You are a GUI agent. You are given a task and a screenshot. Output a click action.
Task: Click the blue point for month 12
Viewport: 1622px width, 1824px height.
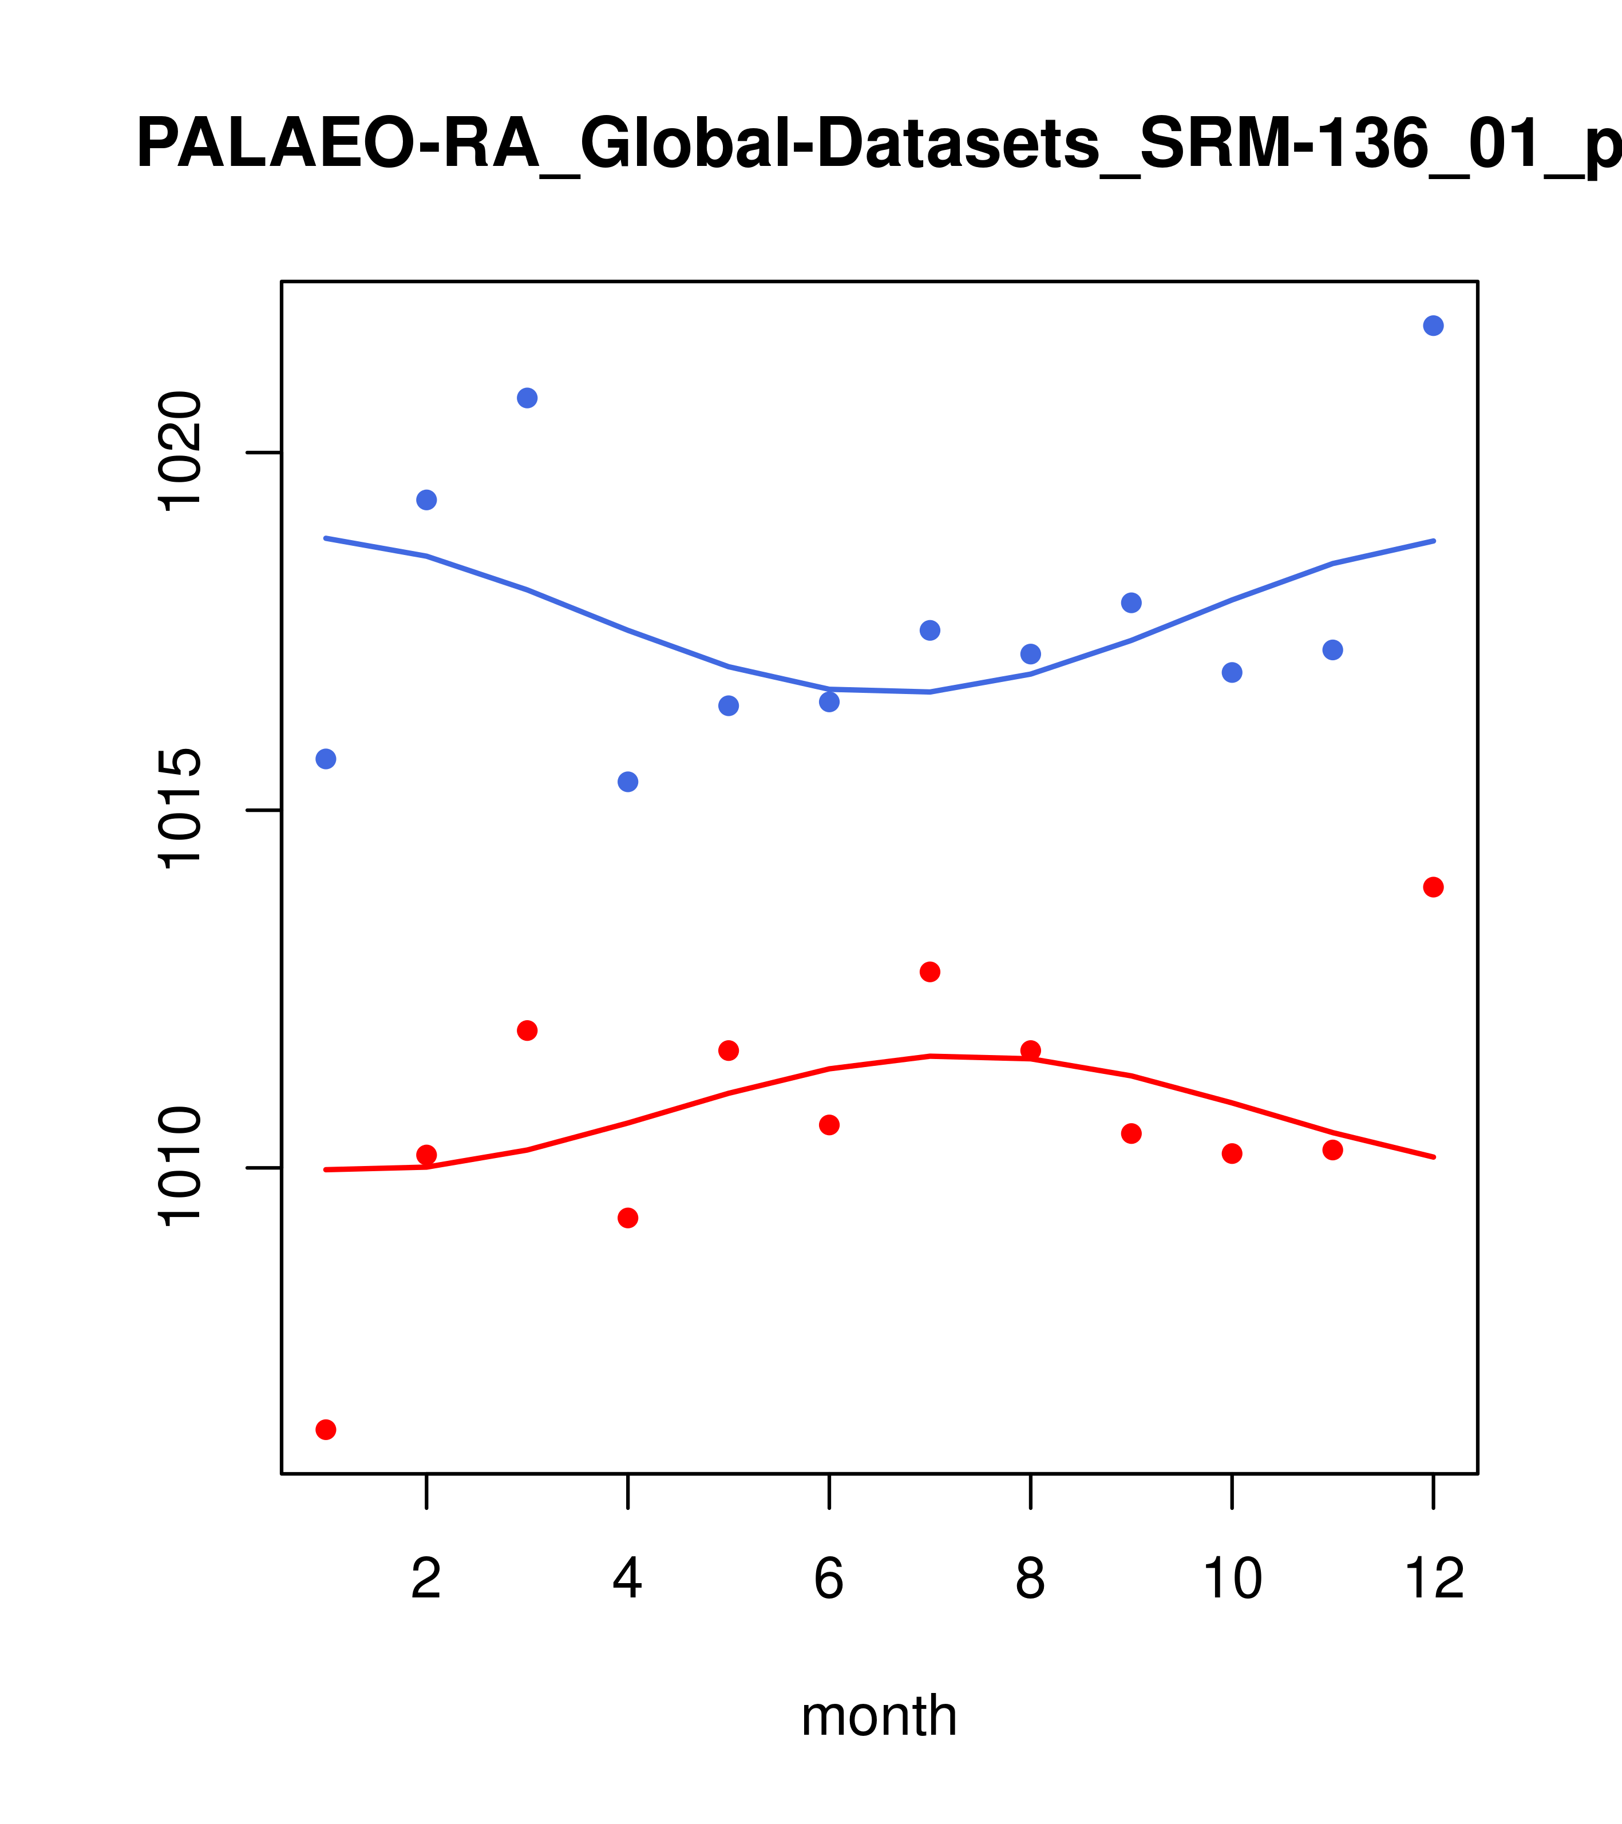1433,326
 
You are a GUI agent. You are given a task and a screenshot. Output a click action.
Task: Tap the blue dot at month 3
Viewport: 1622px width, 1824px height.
527,398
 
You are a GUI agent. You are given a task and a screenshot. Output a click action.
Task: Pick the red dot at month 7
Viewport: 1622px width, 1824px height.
929,972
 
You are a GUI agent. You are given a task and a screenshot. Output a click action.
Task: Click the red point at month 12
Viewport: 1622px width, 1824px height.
1433,887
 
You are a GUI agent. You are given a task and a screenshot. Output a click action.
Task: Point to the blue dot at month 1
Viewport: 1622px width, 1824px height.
326,759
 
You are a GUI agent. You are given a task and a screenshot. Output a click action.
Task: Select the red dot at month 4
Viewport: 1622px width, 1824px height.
627,1218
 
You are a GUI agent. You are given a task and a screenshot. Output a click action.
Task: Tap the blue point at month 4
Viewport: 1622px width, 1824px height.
627,782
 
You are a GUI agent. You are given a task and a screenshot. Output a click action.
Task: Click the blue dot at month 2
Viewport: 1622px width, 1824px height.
427,499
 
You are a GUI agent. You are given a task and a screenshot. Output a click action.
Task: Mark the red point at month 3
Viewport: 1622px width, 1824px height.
527,1030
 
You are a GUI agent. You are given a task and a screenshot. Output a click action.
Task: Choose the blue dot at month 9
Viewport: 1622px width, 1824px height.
1131,603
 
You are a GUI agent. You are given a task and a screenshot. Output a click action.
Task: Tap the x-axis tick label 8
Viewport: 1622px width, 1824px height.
1030,1580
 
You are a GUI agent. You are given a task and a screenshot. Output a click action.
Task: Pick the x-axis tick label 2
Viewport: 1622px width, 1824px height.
427,1580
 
